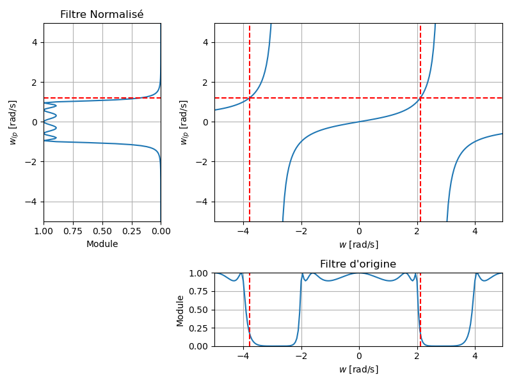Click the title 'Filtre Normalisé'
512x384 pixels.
click(102, 15)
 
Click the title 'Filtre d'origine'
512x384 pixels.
click(358, 264)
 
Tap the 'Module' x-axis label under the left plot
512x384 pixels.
click(102, 244)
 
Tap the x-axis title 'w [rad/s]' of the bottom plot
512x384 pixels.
click(358, 369)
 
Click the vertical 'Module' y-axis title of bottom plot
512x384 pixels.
click(180, 310)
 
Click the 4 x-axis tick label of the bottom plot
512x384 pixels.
click(475, 356)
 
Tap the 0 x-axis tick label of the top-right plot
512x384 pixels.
click(359, 232)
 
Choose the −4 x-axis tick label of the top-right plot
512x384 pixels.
click(241, 232)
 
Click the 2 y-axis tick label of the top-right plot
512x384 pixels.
click(207, 83)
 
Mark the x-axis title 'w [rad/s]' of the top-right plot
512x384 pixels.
click(358, 244)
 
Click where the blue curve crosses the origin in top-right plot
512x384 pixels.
click(359, 122)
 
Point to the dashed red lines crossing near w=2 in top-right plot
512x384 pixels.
click(420, 98)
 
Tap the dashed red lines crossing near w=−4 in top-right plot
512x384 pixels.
click(250, 98)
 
